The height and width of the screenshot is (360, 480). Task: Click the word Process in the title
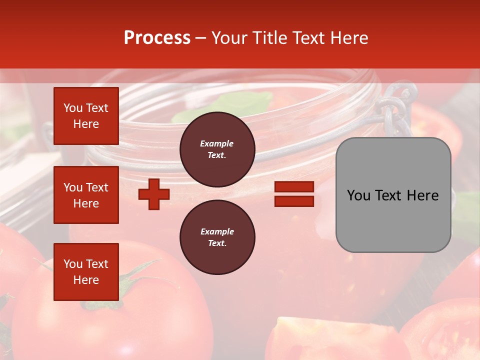tap(157, 38)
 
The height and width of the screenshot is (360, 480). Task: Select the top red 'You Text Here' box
tap(86, 116)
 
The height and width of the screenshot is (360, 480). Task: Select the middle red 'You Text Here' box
tap(86, 195)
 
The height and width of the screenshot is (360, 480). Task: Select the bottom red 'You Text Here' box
tap(86, 272)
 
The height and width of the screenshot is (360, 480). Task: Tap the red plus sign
tap(154, 194)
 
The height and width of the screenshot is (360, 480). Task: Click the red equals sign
tap(294, 194)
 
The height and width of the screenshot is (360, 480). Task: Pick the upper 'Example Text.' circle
tap(217, 149)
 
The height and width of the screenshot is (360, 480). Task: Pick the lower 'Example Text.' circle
tap(217, 237)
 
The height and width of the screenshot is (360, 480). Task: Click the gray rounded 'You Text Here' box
tap(393, 195)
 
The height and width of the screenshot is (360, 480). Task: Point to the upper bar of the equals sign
tap(294, 187)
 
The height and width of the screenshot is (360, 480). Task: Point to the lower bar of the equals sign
tap(294, 201)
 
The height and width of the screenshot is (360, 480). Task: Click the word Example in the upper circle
tap(217, 143)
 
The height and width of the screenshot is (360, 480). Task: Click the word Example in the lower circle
tap(217, 231)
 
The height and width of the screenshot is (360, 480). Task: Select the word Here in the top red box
tap(86, 124)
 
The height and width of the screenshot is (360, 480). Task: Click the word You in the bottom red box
tap(73, 264)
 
